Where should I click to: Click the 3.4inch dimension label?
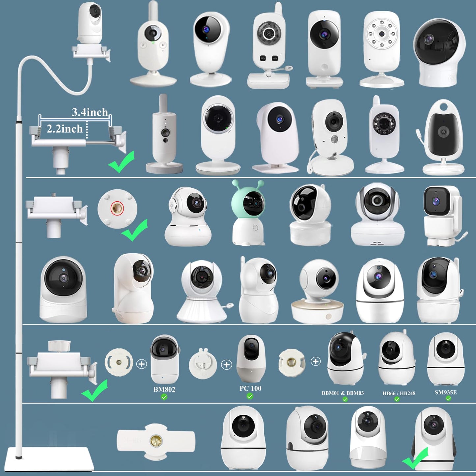(90, 112)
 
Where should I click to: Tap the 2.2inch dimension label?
(65, 129)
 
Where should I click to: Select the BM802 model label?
(164, 389)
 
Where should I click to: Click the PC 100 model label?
(250, 388)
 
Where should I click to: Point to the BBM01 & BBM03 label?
(343, 393)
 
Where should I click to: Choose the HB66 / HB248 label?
(399, 393)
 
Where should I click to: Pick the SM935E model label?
(445, 392)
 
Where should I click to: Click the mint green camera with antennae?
(248, 213)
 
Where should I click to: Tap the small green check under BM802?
(164, 397)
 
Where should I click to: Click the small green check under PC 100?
(250, 396)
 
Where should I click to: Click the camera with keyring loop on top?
(443, 136)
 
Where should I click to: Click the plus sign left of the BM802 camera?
(142, 364)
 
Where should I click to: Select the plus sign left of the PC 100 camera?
(226, 365)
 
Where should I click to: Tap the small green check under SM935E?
(448, 398)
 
